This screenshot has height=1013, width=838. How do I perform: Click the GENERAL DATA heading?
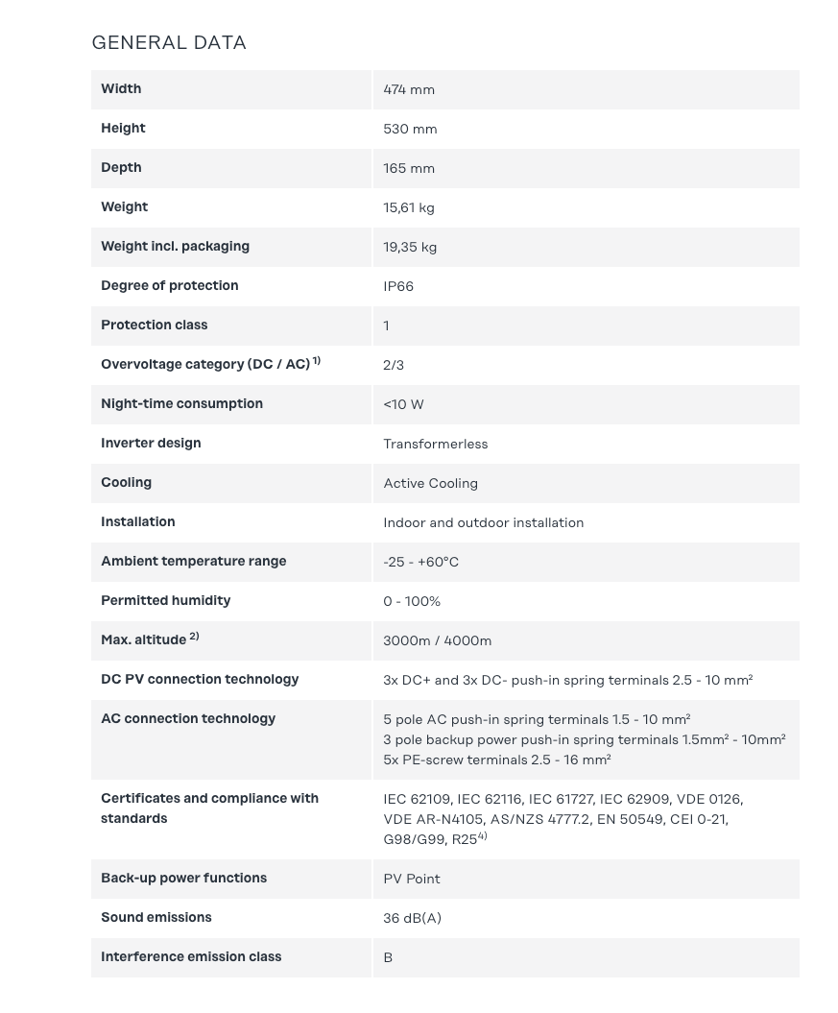(169, 42)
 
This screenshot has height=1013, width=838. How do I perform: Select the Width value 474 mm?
(409, 89)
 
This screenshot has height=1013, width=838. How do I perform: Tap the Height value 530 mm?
(410, 129)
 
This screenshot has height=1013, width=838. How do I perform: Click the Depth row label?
(121, 167)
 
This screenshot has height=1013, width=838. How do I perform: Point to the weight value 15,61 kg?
(409, 207)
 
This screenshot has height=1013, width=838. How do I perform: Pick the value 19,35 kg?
(410, 247)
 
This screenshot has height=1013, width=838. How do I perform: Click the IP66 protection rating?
(398, 286)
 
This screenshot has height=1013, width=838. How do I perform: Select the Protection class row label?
(154, 325)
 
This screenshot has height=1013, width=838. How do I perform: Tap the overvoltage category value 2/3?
(394, 365)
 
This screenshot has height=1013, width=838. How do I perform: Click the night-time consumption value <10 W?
(403, 404)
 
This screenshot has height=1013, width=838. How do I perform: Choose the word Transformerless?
(435, 444)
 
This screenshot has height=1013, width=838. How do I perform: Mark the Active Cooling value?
(430, 483)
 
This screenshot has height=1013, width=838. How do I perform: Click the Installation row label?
(138, 521)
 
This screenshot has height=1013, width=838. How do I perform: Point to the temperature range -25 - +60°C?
(420, 562)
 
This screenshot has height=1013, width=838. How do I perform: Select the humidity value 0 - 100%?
(412, 601)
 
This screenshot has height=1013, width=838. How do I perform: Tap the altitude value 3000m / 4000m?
(437, 640)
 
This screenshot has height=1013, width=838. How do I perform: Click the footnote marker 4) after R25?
(483, 836)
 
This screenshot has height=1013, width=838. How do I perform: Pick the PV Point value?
(412, 879)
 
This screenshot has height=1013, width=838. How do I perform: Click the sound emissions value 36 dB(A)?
(412, 918)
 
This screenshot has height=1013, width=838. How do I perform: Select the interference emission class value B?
(388, 957)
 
